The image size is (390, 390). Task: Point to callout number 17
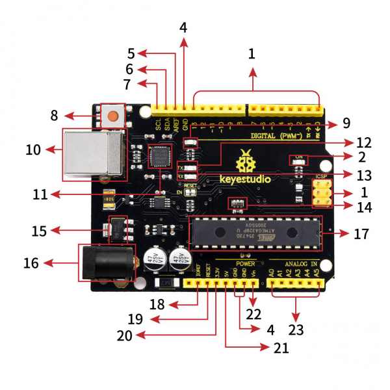pos(361,233)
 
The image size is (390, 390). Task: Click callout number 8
pos(54,116)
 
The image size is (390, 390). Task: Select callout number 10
pos(33,150)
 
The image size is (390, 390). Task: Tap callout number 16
pos(31,263)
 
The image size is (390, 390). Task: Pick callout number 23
pos(296,330)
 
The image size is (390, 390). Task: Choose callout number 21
pos(281,348)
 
